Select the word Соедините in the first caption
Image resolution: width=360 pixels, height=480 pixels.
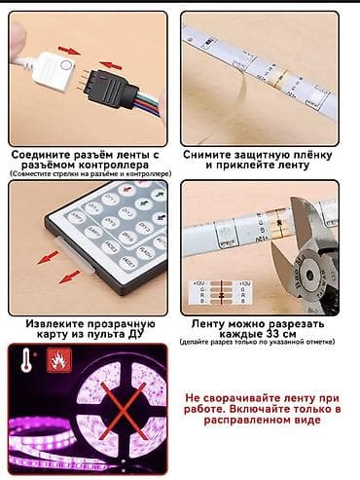click(x=44, y=154)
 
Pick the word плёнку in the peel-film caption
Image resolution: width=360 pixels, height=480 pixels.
click(x=314, y=154)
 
